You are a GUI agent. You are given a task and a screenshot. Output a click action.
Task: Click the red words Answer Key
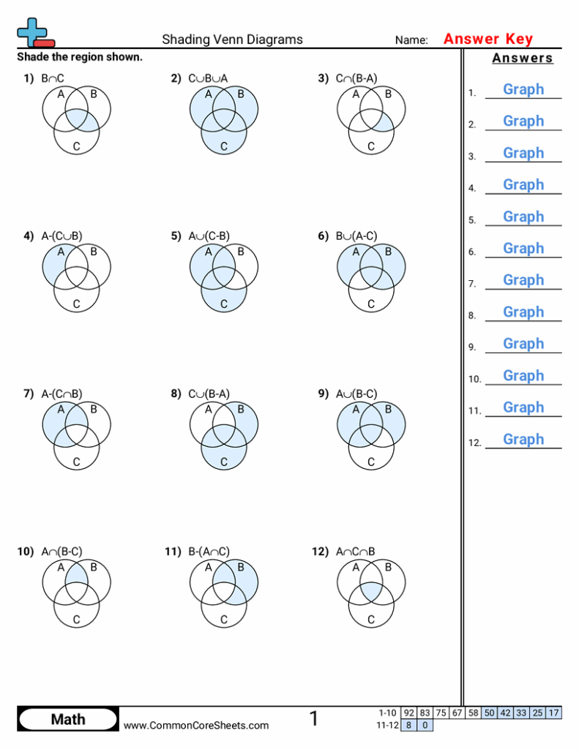pos(488,39)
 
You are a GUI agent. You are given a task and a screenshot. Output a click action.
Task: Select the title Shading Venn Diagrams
pos(232,39)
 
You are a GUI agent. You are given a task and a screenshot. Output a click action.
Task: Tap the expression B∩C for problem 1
pos(53,78)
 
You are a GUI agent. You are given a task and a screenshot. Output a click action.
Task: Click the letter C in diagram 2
pos(224,146)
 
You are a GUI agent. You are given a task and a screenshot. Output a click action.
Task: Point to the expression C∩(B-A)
pos(356,78)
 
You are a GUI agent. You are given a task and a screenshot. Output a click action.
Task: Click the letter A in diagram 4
pos(61,252)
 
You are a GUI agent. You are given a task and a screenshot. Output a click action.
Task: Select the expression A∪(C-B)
pos(209,236)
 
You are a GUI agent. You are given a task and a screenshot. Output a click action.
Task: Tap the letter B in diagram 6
pos(388,252)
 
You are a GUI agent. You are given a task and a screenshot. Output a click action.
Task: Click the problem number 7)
pos(29,394)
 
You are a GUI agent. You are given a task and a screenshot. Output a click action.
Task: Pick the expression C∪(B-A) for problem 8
pos(209,394)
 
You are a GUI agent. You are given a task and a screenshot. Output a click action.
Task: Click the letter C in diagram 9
pos(371,462)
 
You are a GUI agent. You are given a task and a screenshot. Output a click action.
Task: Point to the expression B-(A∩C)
pos(209,552)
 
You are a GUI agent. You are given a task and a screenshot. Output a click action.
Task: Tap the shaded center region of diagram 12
pos(371,591)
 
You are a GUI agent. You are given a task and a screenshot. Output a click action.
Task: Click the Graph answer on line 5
pos(523,217)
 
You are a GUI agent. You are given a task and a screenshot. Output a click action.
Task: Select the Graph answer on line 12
pos(523,439)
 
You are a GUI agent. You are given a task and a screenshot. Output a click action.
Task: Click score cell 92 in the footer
pos(408,713)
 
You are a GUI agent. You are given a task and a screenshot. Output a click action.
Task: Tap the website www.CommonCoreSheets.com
pos(196,725)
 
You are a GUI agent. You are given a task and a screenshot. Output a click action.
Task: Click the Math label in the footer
pos(68,719)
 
